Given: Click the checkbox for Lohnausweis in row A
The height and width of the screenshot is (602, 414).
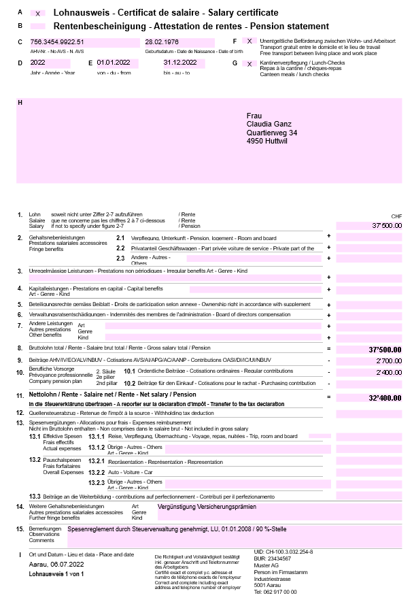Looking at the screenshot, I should (x=38, y=13).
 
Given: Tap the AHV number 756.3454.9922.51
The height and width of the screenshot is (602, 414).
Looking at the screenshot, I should (x=58, y=41).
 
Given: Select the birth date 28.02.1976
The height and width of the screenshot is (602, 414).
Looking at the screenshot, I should (x=162, y=41).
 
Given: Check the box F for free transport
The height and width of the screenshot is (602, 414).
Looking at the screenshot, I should (x=249, y=41).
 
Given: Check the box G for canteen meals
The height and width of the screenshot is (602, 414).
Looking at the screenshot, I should (x=249, y=63).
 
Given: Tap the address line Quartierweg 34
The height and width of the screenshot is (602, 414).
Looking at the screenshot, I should (x=271, y=133).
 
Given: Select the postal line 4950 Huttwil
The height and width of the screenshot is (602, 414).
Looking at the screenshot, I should (x=266, y=141).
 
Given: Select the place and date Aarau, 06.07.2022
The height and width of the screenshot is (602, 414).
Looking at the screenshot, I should (x=57, y=565).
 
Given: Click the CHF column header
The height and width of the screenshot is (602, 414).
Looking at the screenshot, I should (x=397, y=216).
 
